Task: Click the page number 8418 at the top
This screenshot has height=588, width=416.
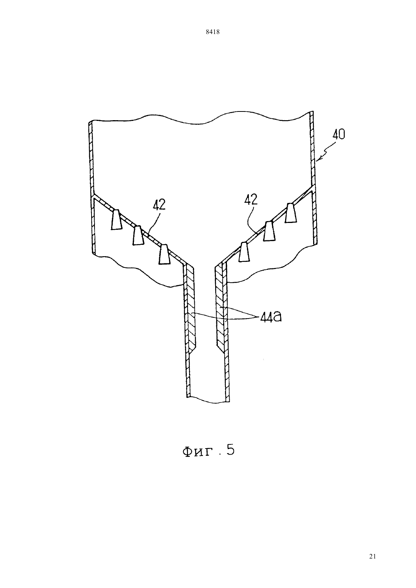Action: point(213,32)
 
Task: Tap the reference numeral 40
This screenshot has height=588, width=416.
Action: point(339,134)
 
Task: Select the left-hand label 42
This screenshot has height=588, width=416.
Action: point(159,205)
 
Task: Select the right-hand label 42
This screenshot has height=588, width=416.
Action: point(251,200)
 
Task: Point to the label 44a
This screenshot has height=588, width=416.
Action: point(271,317)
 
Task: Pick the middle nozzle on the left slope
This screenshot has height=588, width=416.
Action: point(138,235)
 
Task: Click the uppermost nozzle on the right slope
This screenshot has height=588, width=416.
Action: point(291,213)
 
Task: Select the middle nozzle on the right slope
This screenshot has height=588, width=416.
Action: point(269,231)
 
